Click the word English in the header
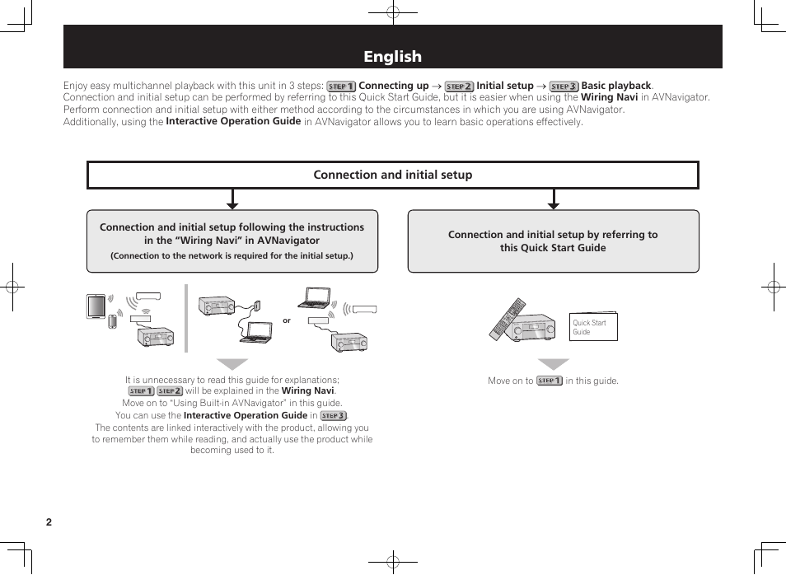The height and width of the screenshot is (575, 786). click(x=392, y=57)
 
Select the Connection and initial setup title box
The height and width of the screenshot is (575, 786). click(x=392, y=175)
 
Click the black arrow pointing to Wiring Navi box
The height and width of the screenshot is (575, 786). click(x=232, y=200)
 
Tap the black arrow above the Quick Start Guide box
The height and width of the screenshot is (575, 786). click(x=554, y=200)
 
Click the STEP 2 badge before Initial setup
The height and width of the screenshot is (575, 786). click(x=459, y=86)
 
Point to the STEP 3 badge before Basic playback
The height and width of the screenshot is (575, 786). click(x=564, y=86)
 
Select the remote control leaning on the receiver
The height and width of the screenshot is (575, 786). click(x=506, y=318)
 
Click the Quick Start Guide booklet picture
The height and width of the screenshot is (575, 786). click(x=593, y=327)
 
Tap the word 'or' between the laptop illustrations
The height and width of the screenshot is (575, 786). click(x=287, y=320)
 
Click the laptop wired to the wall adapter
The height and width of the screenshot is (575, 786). click(x=256, y=331)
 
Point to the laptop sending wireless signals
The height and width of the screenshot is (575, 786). click(x=317, y=297)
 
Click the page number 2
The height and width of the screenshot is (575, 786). click(x=49, y=522)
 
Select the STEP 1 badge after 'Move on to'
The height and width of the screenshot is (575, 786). click(x=549, y=381)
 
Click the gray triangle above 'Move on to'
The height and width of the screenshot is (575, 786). click(x=554, y=364)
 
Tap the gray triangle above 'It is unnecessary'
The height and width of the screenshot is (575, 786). click(x=232, y=364)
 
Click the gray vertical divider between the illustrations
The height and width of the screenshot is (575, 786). click(x=186, y=318)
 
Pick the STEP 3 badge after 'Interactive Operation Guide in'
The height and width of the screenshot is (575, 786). click(x=333, y=416)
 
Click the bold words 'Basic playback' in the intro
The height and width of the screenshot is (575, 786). click(x=616, y=86)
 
